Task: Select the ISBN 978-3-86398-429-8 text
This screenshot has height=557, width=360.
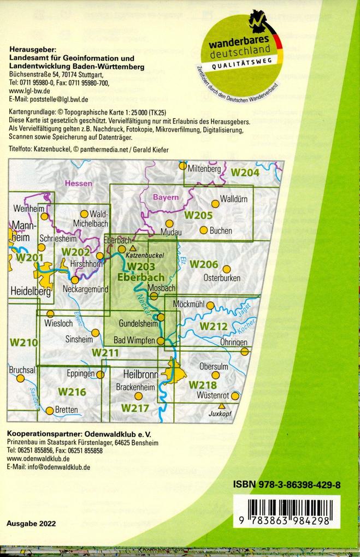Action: coord(287,484)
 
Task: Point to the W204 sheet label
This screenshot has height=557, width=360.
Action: coord(245,173)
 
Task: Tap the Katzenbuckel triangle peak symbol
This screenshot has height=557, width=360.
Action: coord(133,248)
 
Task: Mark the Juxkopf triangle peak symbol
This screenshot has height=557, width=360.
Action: coord(221,406)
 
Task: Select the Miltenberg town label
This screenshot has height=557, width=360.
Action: coord(204,170)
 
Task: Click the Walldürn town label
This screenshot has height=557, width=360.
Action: coord(233,199)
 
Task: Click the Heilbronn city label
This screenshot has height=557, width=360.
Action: coord(141,375)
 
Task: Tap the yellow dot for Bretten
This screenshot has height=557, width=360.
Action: coord(50,410)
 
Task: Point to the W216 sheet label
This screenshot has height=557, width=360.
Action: coord(72,392)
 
